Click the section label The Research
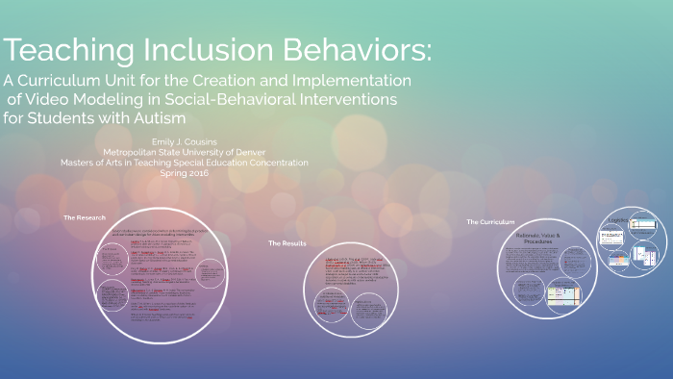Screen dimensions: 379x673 pos(85,218)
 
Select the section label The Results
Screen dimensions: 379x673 pos(287,243)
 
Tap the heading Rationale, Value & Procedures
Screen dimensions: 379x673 pos(544,237)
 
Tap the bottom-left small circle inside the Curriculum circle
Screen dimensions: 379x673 pos(527,290)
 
